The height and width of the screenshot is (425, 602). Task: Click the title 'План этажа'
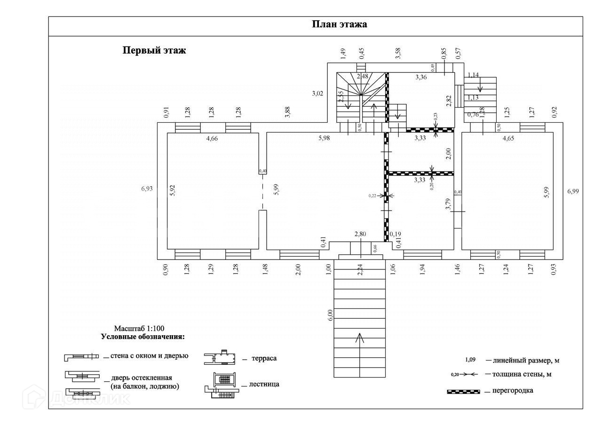[339, 25]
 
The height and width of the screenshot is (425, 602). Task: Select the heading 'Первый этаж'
[154, 50]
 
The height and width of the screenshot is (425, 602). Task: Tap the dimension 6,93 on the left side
[147, 189]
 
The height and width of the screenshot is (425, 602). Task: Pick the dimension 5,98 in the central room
[324, 138]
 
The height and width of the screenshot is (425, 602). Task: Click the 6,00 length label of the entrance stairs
[330, 315]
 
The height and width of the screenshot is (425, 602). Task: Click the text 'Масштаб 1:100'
[139, 328]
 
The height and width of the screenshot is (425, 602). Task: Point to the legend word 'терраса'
[264, 359]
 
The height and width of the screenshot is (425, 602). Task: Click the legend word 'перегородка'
[513, 391]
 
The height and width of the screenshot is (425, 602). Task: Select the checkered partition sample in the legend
[463, 391]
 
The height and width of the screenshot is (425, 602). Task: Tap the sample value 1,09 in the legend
[470, 360]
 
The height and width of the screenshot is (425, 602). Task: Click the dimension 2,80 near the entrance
[360, 234]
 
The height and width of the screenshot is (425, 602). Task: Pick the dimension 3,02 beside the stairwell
[317, 93]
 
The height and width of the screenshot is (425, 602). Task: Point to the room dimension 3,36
[420, 78]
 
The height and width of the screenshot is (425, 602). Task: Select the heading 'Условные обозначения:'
[143, 337]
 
